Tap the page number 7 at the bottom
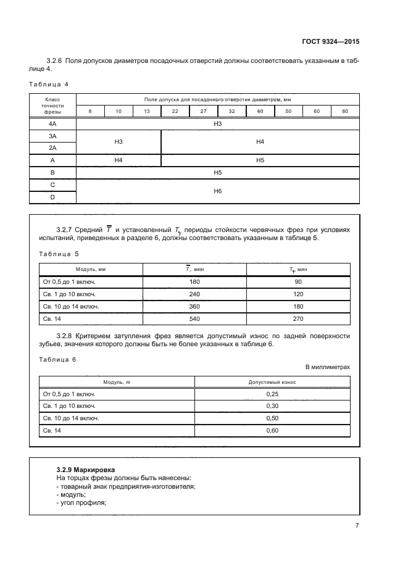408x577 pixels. (x=357, y=525)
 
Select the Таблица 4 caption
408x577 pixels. (x=49, y=83)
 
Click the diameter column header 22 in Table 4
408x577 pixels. (x=175, y=111)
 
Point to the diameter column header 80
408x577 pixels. (x=344, y=111)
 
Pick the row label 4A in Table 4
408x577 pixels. (x=52, y=124)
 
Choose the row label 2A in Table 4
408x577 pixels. (x=52, y=147)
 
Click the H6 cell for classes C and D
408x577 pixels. (x=217, y=191)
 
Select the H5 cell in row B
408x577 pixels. (x=217, y=173)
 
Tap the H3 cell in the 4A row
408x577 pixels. (x=217, y=124)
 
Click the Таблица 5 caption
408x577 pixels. (x=59, y=254)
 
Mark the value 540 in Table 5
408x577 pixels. (x=194, y=318)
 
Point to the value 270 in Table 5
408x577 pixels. (x=298, y=318)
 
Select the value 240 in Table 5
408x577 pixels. (x=194, y=294)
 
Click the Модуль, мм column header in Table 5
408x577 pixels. (x=91, y=270)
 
